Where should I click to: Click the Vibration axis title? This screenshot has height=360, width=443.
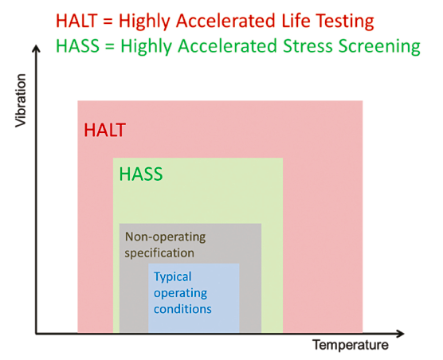pos(21,100)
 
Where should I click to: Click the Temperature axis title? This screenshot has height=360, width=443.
pos(351,346)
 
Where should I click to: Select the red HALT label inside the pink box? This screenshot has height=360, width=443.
pos(105,130)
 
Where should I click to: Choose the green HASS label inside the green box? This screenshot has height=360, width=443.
pos(141,174)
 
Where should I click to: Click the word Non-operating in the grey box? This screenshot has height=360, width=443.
pos(165,237)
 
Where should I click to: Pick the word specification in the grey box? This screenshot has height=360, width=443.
pos(159,253)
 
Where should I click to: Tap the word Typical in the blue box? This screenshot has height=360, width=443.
pos(173,276)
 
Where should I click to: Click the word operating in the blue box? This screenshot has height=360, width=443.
pos(180,293)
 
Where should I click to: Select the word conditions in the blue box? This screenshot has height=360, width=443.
pos(182,309)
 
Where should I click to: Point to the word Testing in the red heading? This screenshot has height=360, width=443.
pos(345,22)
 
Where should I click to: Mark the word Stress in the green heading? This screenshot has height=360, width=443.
pos(308,45)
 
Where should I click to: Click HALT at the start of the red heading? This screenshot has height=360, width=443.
pos(76,21)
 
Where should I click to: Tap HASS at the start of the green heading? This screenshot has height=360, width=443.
pos(78,45)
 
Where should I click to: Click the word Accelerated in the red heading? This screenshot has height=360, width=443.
pos(225,21)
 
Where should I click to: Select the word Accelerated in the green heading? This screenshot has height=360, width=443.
pos(227,45)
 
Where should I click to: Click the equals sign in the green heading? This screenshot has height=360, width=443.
pos(110,46)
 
